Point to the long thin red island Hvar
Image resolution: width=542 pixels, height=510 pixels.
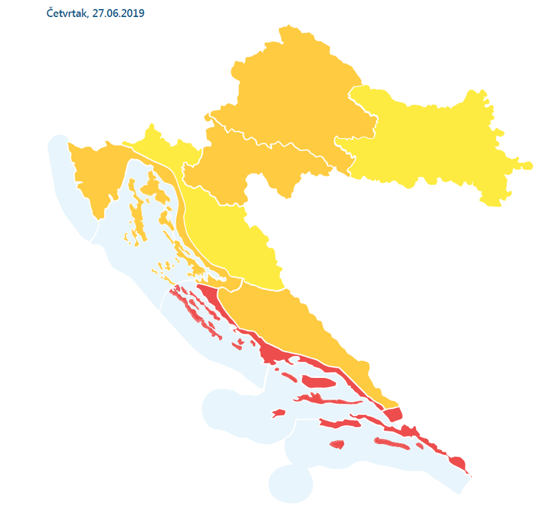(320, 400)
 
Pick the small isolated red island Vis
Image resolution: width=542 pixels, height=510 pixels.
(278, 413)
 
